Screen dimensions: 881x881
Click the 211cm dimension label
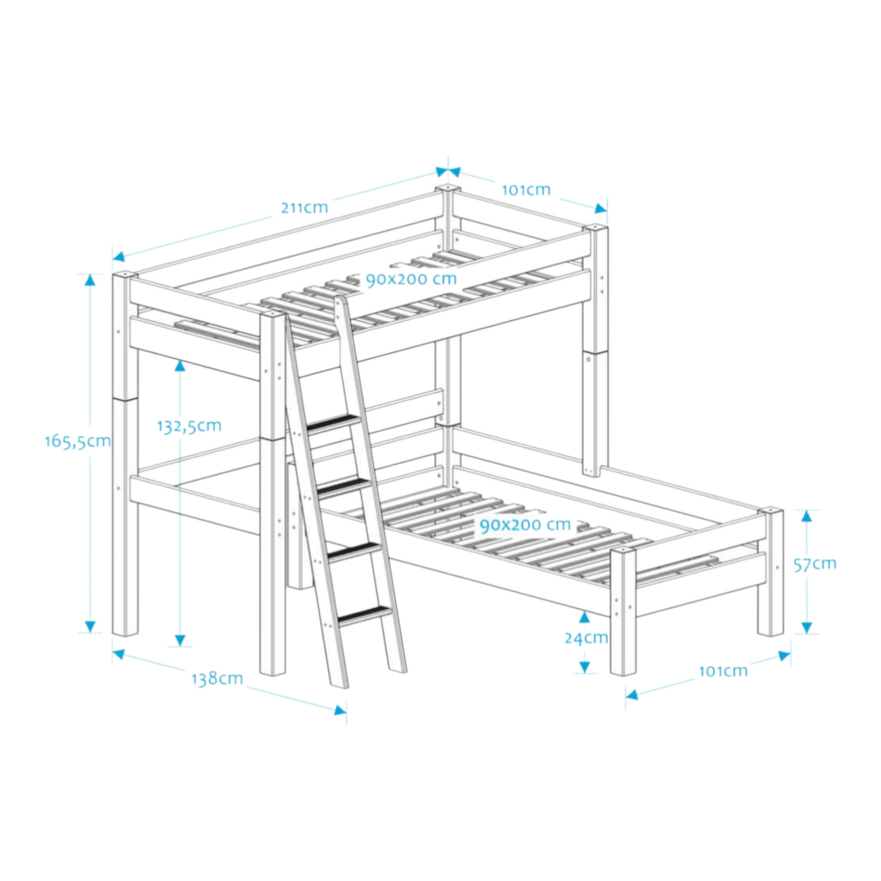[x=304, y=208]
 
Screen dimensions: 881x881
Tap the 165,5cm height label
[x=77, y=441]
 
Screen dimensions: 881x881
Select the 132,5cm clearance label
[x=189, y=426]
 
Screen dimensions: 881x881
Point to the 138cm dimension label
[x=217, y=679]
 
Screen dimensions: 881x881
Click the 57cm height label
[x=815, y=564]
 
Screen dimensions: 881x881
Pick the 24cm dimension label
[x=586, y=638]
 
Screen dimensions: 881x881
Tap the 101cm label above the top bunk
[x=526, y=190]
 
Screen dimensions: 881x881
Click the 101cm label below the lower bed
[x=722, y=671]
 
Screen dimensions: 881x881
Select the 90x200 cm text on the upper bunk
[x=411, y=279]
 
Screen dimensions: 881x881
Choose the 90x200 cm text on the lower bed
[x=525, y=525]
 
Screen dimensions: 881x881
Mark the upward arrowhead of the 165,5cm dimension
[x=90, y=280]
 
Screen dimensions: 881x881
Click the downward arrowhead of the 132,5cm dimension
[x=180, y=640]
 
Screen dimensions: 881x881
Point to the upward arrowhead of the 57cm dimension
[x=807, y=516]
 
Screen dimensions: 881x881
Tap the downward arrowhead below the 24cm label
[x=585, y=667]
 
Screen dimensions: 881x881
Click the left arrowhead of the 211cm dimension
[x=118, y=257]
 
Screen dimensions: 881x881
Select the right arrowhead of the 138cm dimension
[x=340, y=710]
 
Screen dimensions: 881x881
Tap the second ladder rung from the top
[x=344, y=485]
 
